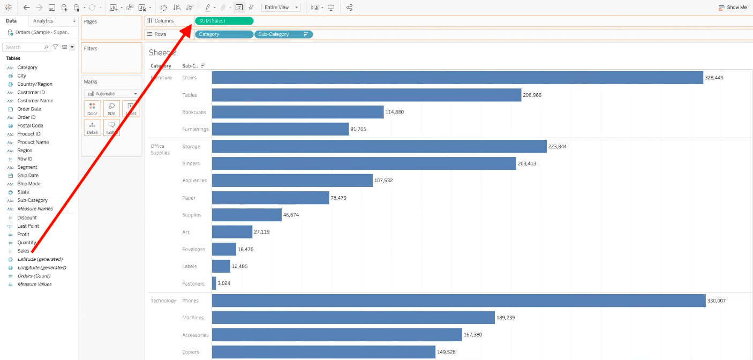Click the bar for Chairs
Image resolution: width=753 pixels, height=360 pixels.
click(457, 78)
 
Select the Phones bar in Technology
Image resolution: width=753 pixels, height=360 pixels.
click(458, 301)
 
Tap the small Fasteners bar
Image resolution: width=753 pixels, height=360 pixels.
click(214, 283)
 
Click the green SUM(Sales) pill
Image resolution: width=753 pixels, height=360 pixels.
click(224, 21)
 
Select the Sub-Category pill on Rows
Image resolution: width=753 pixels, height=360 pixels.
click(283, 34)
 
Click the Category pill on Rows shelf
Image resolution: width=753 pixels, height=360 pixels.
click(224, 34)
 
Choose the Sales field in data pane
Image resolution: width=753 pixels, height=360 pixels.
click(23, 251)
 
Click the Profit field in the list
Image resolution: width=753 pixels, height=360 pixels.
click(23, 234)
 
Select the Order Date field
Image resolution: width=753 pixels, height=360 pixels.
click(29, 109)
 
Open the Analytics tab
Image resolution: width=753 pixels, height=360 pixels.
click(43, 21)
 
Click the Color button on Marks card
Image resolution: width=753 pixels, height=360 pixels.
click(92, 109)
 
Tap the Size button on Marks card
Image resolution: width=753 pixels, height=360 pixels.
click(111, 109)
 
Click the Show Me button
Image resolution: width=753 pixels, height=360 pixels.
click(733, 7)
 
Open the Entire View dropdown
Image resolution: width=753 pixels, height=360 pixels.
click(281, 7)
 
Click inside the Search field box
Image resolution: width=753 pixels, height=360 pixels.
click(24, 47)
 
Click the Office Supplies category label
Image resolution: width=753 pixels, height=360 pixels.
click(160, 149)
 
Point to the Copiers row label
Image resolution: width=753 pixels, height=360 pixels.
click(191, 352)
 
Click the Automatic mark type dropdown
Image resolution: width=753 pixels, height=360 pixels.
click(111, 94)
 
